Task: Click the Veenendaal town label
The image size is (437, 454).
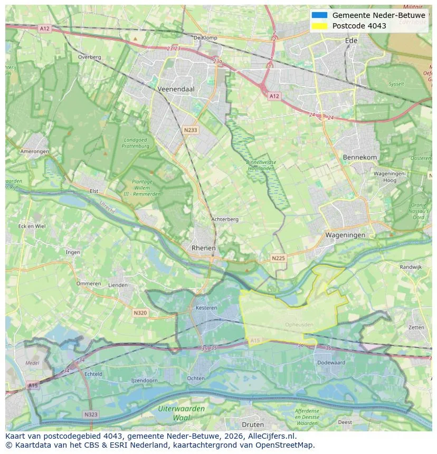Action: [176, 90]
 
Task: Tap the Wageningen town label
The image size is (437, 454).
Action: [345, 235]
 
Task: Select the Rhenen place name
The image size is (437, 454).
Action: [203, 248]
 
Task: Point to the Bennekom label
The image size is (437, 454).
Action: [360, 158]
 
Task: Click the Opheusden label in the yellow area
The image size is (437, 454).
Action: [299, 324]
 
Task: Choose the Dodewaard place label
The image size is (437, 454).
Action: [331, 363]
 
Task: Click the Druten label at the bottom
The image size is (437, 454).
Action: [252, 424]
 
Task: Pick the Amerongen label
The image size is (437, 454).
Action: [34, 151]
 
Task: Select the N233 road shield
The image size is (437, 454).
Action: [191, 130]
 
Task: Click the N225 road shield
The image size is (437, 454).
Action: [278, 258]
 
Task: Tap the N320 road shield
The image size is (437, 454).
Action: [140, 313]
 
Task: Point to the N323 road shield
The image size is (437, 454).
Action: [91, 414]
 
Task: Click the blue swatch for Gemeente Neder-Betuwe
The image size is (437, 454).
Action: [319, 15]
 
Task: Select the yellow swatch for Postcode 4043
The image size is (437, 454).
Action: [319, 26]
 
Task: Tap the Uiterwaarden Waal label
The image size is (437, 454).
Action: [181, 413]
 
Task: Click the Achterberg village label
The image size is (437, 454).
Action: [225, 219]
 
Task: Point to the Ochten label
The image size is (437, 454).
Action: [196, 379]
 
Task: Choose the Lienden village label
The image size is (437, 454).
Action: [117, 285]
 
